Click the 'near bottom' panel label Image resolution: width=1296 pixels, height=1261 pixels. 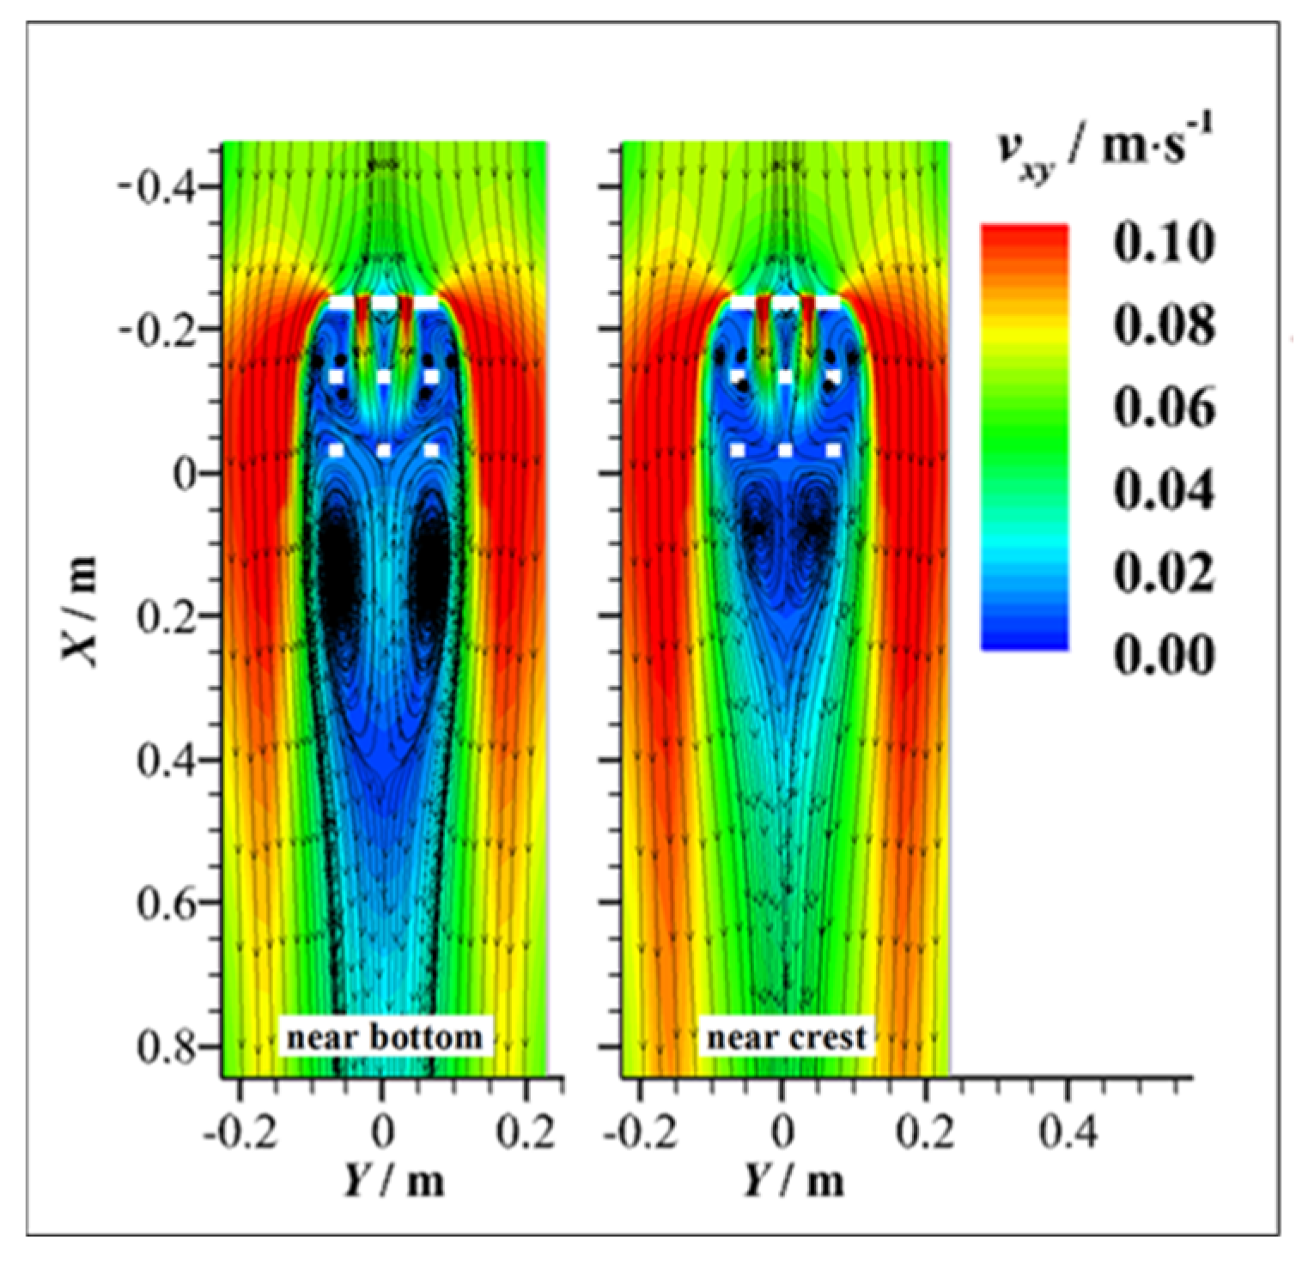pos(384,1037)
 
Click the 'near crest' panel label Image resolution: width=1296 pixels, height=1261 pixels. pos(786,1037)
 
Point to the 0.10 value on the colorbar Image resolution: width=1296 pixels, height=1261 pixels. pos(1164,243)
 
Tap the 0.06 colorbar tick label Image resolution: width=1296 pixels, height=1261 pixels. pos(1164,407)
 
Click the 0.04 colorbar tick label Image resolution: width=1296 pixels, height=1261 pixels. pos(1164,490)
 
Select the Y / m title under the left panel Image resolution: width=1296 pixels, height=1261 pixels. pos(395,1180)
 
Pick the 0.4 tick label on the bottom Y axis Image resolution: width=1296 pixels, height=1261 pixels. pos(1068,1132)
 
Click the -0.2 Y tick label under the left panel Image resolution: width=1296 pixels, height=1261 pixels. pos(240,1132)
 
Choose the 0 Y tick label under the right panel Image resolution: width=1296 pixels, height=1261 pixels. pos(782,1132)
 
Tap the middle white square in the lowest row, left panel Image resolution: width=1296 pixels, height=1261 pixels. pos(384,450)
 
